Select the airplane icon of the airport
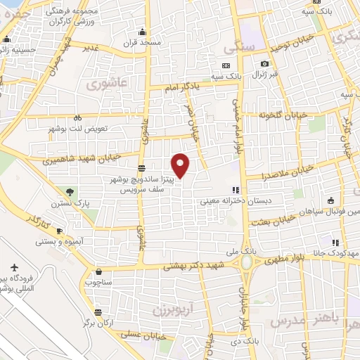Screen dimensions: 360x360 [x=15, y=268]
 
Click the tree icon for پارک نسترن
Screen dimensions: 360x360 [x=69, y=192]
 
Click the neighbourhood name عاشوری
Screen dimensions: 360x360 [x=107, y=84]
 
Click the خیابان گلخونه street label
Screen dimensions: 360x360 [x=283, y=115]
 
